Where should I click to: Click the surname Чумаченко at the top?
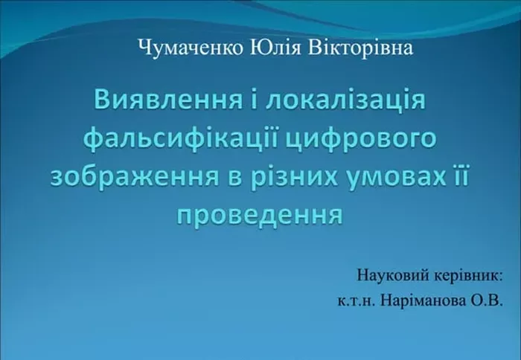point(191,48)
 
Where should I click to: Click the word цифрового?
point(361,140)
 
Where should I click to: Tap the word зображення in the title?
point(135,177)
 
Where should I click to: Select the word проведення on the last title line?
point(260,215)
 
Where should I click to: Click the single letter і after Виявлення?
point(255,100)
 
